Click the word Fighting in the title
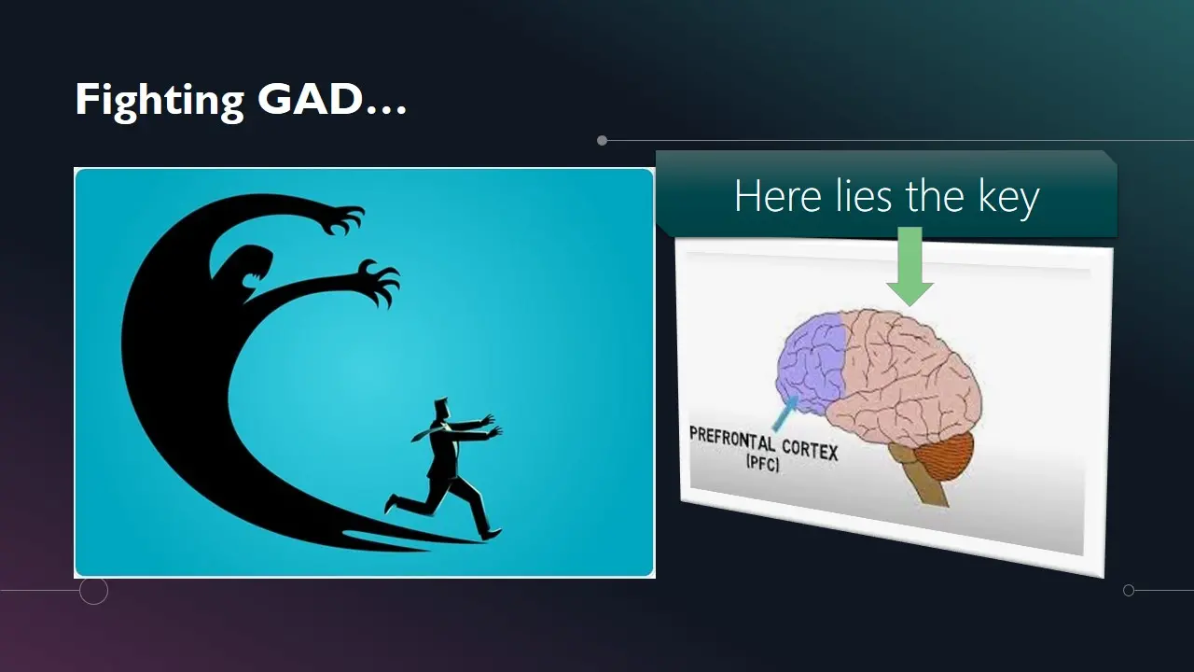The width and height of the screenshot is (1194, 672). click(x=160, y=101)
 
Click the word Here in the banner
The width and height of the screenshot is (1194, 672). click(x=778, y=196)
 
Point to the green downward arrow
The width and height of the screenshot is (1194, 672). click(x=909, y=266)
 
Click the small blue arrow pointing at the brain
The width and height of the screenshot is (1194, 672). click(x=785, y=413)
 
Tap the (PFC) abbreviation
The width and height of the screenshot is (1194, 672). click(x=763, y=462)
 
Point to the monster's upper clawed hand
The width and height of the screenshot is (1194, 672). click(x=341, y=218)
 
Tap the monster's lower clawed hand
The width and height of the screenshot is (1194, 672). click(x=380, y=283)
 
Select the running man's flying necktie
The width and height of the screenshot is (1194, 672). click(x=424, y=434)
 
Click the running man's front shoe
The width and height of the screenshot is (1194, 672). click(x=492, y=533)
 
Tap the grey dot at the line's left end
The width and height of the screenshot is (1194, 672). click(x=603, y=141)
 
